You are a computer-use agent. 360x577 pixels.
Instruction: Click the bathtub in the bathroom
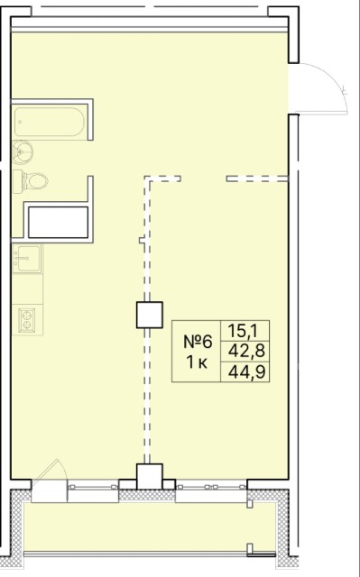(50, 122)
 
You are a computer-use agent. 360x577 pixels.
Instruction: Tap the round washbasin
(22, 152)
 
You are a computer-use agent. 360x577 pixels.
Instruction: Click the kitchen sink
(27, 259)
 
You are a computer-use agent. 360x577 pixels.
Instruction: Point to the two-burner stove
(27, 320)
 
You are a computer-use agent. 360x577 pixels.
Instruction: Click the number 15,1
(245, 331)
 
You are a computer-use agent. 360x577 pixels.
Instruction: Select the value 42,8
(246, 352)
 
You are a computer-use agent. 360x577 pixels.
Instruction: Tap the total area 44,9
(246, 372)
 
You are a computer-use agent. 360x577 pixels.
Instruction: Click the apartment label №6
(198, 342)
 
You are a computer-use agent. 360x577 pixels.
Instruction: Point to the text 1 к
(197, 362)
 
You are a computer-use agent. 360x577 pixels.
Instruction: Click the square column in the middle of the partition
(150, 315)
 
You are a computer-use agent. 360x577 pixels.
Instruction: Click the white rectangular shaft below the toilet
(58, 222)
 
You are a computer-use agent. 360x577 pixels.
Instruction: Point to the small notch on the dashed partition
(142, 241)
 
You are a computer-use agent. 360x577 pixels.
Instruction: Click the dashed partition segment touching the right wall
(257, 179)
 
